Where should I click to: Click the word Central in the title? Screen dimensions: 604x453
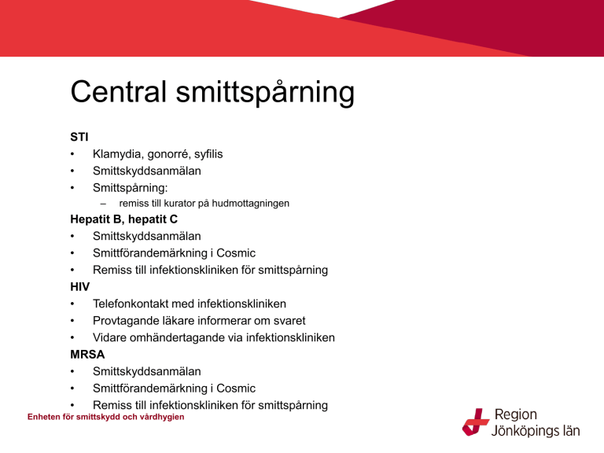pyautogui.click(x=119, y=92)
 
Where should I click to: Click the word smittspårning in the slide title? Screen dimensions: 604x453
pyautogui.click(x=265, y=93)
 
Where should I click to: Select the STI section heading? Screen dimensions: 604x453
pyautogui.click(x=79, y=137)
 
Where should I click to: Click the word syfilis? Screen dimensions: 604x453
pyautogui.click(x=208, y=154)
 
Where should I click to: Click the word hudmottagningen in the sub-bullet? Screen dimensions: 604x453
pyautogui.click(x=250, y=204)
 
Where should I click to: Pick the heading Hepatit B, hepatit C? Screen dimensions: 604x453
pyautogui.click(x=123, y=219)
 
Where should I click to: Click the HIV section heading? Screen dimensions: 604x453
pyautogui.click(x=79, y=286)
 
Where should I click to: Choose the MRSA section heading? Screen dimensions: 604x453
pyautogui.click(x=87, y=355)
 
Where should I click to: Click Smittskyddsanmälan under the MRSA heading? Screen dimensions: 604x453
pyautogui.click(x=147, y=371)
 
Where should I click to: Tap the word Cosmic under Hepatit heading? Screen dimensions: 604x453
pyautogui.click(x=236, y=253)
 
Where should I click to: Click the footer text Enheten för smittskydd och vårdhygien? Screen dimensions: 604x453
pyautogui.click(x=106, y=417)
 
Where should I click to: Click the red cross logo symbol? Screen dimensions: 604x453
pyautogui.click(x=476, y=422)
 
